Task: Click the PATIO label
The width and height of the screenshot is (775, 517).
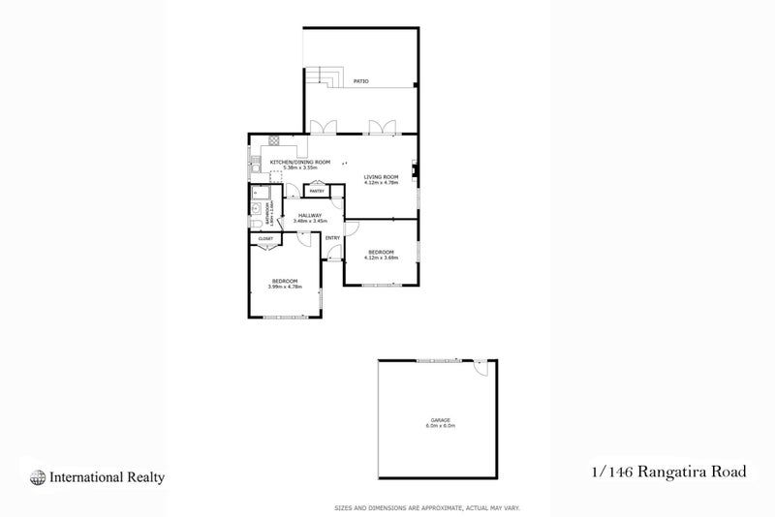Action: click(x=360, y=81)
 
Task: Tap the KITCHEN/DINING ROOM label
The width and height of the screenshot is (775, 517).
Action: click(x=300, y=162)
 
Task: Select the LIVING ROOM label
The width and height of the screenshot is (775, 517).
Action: click(x=382, y=176)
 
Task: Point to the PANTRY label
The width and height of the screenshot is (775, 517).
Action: click(x=317, y=192)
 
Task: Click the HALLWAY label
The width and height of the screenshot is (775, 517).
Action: click(x=310, y=216)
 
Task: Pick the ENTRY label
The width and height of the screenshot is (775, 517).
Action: click(x=331, y=238)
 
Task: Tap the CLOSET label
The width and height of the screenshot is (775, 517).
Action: click(x=265, y=238)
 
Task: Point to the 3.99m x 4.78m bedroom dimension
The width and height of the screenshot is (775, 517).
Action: click(x=284, y=287)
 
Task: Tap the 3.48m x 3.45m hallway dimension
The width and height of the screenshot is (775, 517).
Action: click(x=310, y=222)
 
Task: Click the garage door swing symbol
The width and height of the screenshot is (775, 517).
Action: click(x=480, y=369)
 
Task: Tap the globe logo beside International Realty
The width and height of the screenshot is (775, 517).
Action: click(x=38, y=476)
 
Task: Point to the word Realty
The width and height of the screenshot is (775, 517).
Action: click(x=143, y=476)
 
